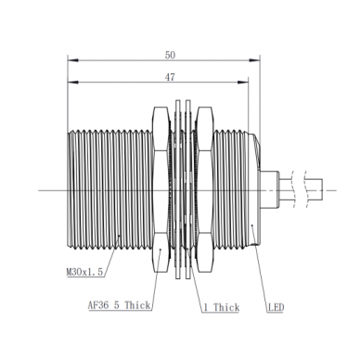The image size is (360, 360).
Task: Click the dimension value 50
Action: [x=170, y=55]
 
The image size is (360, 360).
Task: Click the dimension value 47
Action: [x=170, y=77]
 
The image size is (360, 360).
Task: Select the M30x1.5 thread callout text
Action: [x=84, y=272]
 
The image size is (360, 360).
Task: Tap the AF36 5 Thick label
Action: [x=120, y=305]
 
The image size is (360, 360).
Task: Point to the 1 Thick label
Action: [x=222, y=307]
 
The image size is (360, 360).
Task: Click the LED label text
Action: [x=276, y=307]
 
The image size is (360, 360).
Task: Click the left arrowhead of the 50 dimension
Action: [x=72, y=60]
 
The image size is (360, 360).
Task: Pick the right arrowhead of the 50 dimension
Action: [x=254, y=60]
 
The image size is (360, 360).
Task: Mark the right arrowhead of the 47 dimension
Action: [x=243, y=83]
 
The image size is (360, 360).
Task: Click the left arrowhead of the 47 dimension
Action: [x=72, y=83]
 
